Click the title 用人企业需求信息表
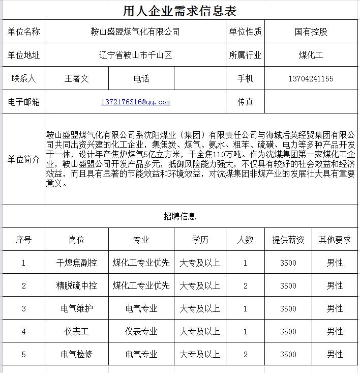179,10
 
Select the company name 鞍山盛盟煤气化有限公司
135,32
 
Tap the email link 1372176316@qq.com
135,102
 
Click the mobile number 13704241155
311,79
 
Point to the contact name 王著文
77,79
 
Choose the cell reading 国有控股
311,32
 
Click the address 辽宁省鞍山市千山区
135,55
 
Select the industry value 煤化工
311,55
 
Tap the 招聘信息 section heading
179,216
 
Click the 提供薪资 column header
288,240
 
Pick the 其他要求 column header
335,240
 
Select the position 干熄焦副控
77,263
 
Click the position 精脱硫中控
77,286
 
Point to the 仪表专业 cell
141,332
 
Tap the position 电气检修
77,354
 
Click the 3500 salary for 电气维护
288,309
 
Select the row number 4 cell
23,332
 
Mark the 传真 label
245,102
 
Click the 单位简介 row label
23,159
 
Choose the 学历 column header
200,240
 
